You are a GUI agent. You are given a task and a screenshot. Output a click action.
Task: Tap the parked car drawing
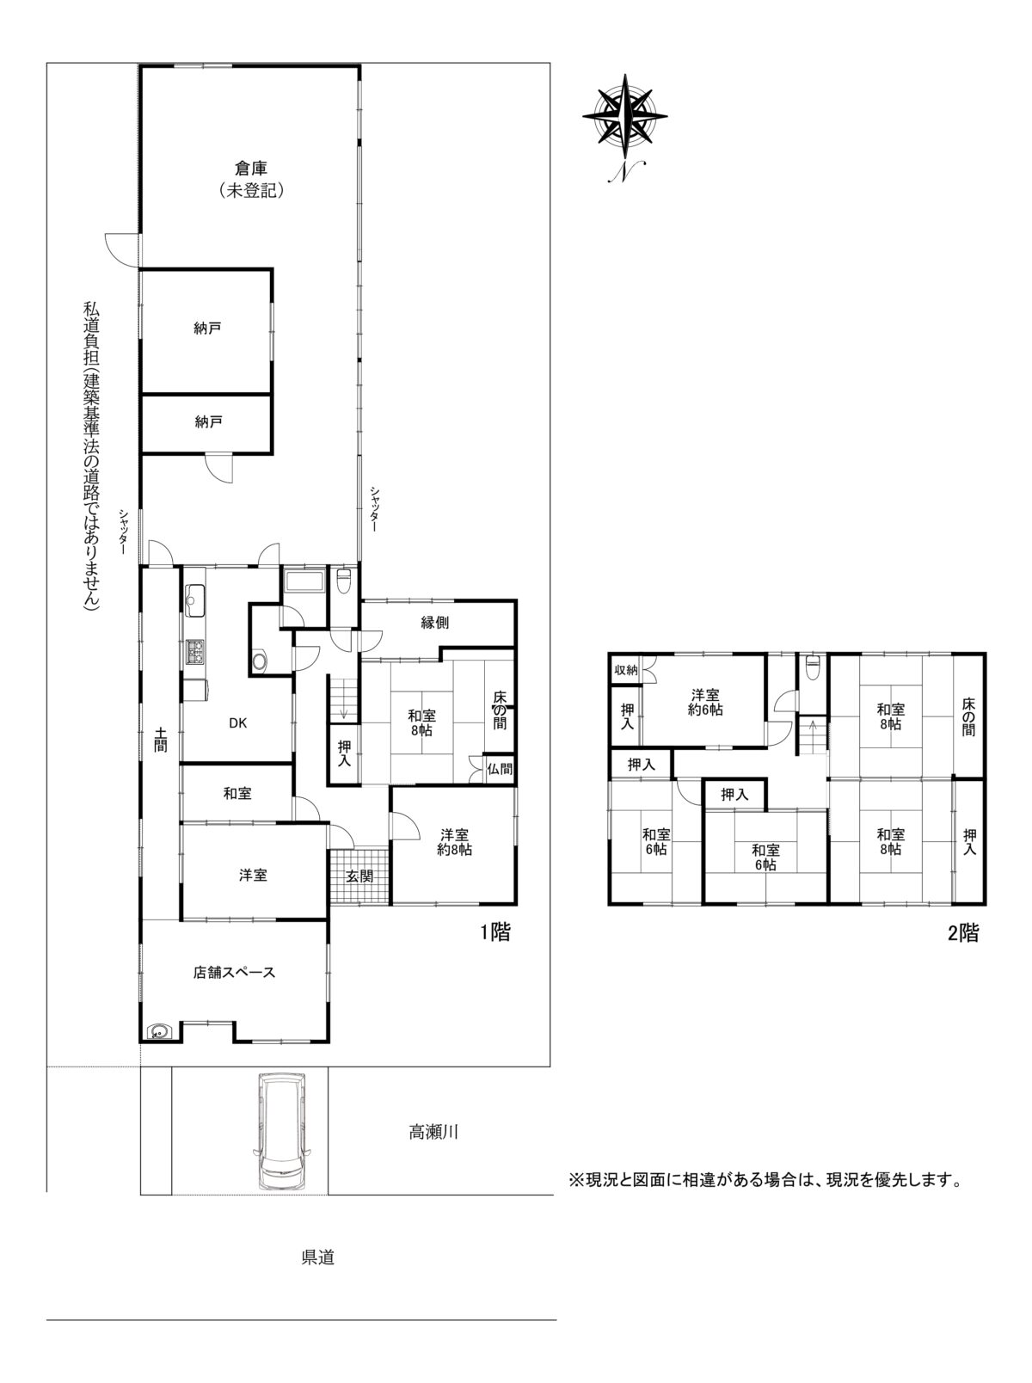[x=281, y=1134]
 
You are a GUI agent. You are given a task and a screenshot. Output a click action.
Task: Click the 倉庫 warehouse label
[x=251, y=169]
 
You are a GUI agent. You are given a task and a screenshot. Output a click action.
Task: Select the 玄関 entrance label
[x=359, y=876]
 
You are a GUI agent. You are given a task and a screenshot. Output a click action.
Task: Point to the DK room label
[x=237, y=723]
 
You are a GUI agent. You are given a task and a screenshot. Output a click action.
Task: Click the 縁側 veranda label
[x=434, y=623]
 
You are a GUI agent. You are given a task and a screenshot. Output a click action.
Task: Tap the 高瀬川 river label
[x=433, y=1133]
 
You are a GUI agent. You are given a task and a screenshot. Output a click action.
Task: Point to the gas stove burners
[x=194, y=651]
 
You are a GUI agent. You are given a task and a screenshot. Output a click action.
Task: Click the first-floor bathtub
[x=304, y=580]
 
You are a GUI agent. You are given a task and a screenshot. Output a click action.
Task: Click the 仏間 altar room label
[x=500, y=769]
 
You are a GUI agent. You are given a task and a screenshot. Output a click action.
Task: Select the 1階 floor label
[x=495, y=932]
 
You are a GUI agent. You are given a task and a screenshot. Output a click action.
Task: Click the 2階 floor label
[x=963, y=933]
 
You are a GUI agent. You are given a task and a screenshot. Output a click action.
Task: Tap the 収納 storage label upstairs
[x=625, y=670]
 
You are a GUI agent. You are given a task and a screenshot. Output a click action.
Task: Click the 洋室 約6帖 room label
[x=705, y=703]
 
